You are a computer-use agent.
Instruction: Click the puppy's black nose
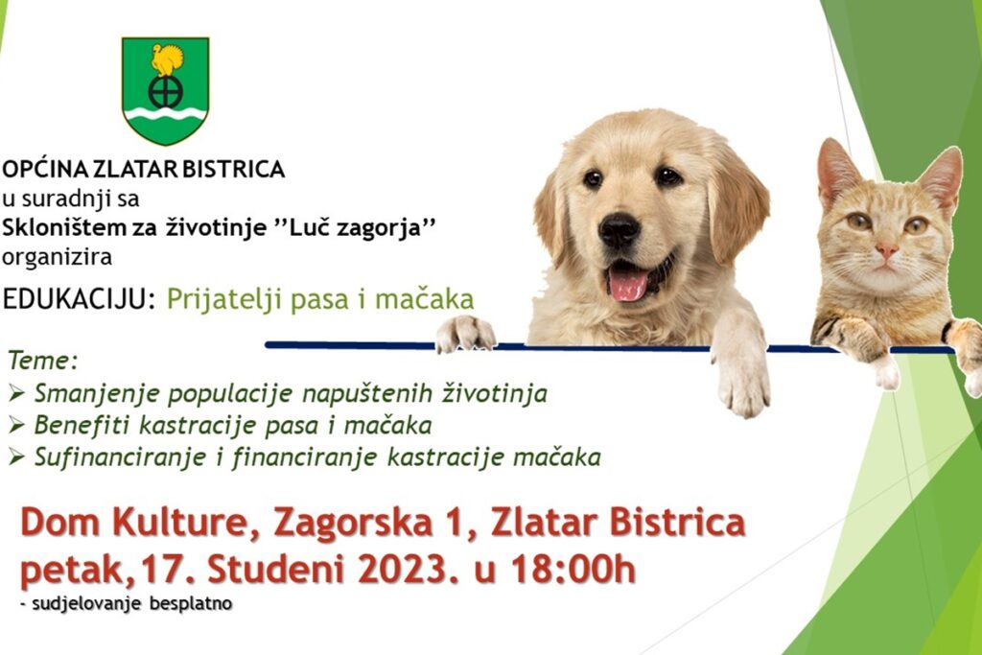pos(619,230)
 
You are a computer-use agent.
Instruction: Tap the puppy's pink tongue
pos(628,284)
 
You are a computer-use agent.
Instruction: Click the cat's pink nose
pos(886,251)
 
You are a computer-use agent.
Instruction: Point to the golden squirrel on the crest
pos(167,59)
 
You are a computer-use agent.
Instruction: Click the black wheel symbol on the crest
pos(165,92)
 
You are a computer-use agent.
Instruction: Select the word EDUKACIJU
pos(79,299)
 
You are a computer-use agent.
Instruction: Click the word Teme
pos(42,361)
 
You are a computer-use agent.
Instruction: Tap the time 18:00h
pos(573,570)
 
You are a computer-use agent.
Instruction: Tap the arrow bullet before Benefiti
pos(17,426)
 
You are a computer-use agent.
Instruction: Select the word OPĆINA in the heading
pos(46,169)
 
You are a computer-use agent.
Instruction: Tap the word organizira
pos(57,257)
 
